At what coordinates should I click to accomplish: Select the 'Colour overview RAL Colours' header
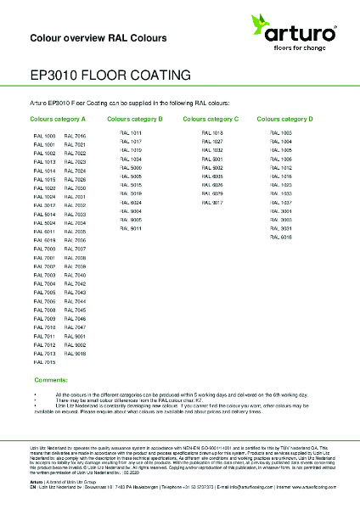pos(98,38)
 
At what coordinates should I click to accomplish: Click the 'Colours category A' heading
pos(59,120)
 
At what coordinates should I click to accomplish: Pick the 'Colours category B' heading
pos(135,120)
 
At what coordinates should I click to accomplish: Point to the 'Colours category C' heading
pos(211,120)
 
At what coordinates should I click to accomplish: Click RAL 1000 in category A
pos(44,136)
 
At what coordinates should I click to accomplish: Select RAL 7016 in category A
pos(75,136)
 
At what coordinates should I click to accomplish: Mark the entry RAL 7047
pos(75,327)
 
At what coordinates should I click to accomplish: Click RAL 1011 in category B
pos(131,133)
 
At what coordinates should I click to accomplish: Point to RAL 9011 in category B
pos(131,228)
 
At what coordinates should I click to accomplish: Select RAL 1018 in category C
pos(212,133)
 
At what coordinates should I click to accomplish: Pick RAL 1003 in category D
pos(281,133)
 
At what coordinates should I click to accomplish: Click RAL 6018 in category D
pos(281,238)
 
